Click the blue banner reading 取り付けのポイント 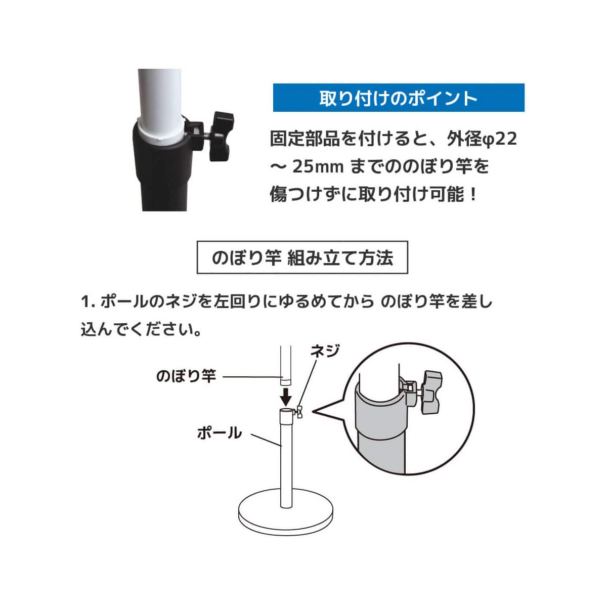(x=399, y=98)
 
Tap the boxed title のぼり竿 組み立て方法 (x=302, y=258)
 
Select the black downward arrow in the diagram (x=286, y=394)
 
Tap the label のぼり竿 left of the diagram (x=186, y=376)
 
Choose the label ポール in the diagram (x=219, y=433)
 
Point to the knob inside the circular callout (x=430, y=392)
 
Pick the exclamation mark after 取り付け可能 (x=473, y=194)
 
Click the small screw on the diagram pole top (x=300, y=412)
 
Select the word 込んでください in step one (x=141, y=330)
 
